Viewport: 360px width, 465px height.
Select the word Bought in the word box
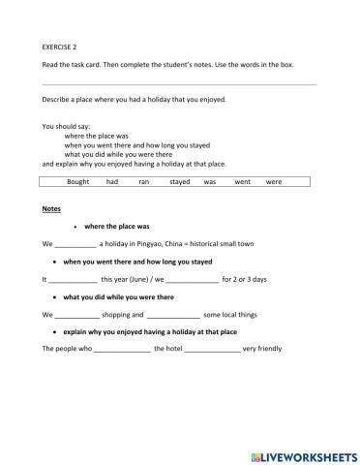[x=78, y=181]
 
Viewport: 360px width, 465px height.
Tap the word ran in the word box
[x=143, y=181]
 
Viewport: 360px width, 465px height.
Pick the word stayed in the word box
[x=179, y=181]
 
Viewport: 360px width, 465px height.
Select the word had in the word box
[x=112, y=181]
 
